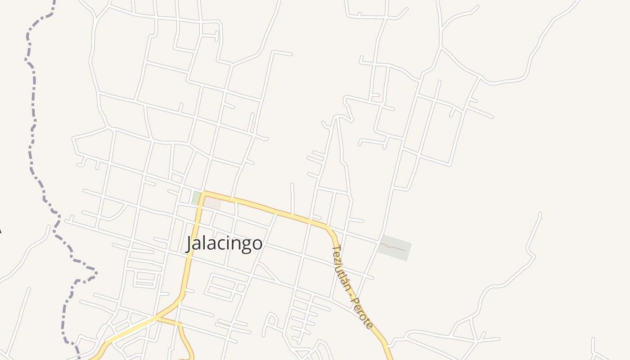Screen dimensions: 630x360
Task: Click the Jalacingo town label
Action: coord(224,243)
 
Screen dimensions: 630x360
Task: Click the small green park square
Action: coord(196,198)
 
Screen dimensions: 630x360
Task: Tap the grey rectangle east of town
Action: coord(395,247)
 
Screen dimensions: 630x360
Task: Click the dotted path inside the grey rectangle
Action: coord(394,247)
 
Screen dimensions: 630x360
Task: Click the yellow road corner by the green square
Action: coord(203,193)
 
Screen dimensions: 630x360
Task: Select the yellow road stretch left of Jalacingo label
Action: coord(189,261)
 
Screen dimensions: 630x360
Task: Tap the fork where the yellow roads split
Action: coord(158,319)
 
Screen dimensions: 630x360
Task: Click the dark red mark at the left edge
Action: coord(0,231)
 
